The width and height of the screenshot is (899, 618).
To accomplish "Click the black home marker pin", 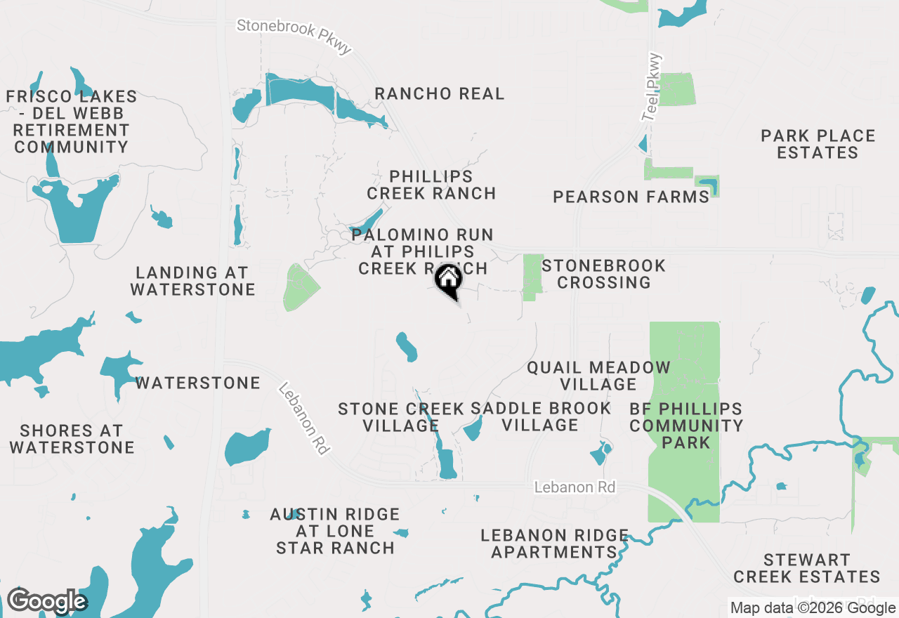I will [x=448, y=280].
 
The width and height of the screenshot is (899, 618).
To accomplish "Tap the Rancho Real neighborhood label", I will [x=440, y=94].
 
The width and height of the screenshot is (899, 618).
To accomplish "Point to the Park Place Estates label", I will [x=818, y=144].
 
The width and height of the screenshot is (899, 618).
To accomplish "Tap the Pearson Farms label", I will [x=631, y=197].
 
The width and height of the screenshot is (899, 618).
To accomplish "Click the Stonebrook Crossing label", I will [x=603, y=274].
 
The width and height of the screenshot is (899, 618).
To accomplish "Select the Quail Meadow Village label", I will [x=598, y=376].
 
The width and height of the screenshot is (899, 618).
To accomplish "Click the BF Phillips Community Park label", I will [x=686, y=426].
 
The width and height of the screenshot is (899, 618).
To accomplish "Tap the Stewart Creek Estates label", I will [x=806, y=568].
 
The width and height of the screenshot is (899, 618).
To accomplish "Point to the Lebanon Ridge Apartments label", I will [x=554, y=544].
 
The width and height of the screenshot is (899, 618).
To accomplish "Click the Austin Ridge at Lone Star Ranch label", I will [x=335, y=532].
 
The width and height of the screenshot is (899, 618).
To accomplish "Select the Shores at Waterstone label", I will [x=72, y=439].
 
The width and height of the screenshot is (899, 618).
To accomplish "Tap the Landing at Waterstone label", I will [x=192, y=281].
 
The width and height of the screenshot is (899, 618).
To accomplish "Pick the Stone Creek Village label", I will [x=401, y=417].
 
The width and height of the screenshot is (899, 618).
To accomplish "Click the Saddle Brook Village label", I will [x=540, y=416].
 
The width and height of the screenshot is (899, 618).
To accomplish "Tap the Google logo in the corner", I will [x=46, y=601].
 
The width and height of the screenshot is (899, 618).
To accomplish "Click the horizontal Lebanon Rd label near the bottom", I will [x=575, y=487].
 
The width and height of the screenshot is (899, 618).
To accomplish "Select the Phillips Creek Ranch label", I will [x=431, y=185].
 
